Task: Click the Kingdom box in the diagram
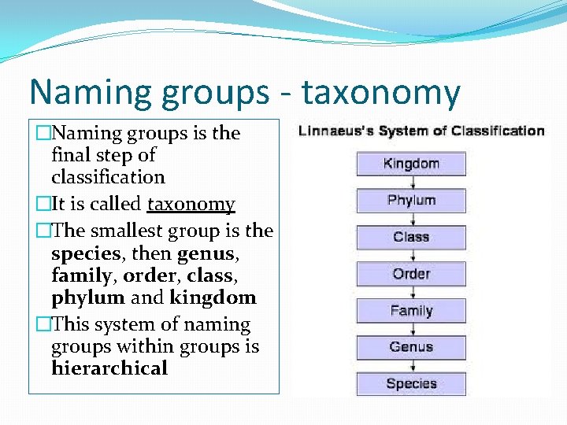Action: tap(411, 164)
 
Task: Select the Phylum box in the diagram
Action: tap(411, 201)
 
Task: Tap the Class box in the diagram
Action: tap(411, 237)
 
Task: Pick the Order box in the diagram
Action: tap(411, 274)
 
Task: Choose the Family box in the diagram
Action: tap(411, 311)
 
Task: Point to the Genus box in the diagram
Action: tap(411, 347)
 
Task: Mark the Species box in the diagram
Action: tap(411, 384)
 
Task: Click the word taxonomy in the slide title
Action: tap(381, 93)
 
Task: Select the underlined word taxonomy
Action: tap(191, 205)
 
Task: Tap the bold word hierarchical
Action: tap(109, 368)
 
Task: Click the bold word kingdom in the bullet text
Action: tap(213, 298)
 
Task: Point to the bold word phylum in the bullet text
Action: tap(87, 298)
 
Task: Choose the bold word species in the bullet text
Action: tap(83, 254)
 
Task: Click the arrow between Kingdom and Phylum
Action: tap(411, 183)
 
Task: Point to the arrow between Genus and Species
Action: tap(411, 366)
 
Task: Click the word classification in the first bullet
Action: tap(108, 177)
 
